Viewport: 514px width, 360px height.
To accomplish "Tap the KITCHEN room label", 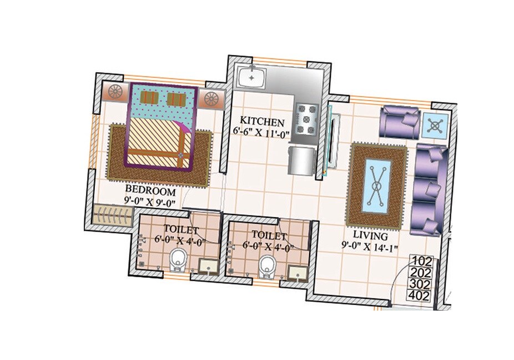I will coord(262,122).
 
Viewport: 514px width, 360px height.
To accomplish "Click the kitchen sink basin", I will coord(251,77).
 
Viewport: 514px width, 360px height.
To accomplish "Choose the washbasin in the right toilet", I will coord(298,272).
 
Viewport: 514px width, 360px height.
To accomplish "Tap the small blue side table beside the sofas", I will coord(435,126).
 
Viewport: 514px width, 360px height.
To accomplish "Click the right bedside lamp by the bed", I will coord(211,99).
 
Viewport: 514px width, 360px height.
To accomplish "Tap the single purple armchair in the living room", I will coord(399,122).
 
